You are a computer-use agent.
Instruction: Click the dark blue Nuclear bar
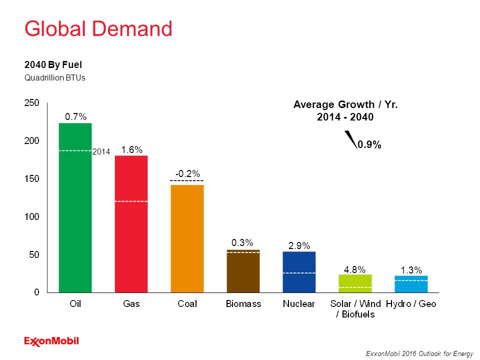point(299,272)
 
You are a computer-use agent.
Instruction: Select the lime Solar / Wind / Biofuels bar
point(355,283)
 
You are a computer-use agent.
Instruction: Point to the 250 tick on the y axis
point(32,102)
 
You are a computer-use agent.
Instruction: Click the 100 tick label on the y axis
point(32,216)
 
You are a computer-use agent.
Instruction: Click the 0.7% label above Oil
point(75,116)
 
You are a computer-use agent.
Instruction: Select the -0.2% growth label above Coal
point(187,173)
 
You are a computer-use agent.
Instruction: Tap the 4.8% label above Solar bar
point(354,269)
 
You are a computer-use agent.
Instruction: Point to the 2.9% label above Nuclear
point(299,245)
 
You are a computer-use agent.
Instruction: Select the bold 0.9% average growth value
point(369,144)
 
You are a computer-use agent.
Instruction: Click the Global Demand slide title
point(98,29)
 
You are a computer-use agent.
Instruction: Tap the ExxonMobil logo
point(51,341)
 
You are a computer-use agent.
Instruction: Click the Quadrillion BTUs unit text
point(55,77)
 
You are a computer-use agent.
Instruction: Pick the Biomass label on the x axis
point(243,303)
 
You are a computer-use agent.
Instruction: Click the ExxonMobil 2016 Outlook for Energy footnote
point(419,353)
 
